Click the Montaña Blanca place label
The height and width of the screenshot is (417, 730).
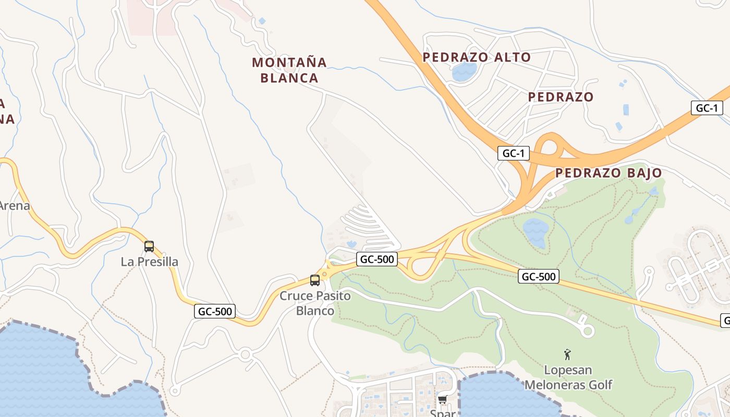click(289, 70)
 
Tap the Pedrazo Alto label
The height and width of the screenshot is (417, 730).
click(477, 57)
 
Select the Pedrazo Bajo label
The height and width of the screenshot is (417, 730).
click(609, 173)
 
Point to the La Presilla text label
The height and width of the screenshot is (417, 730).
click(149, 262)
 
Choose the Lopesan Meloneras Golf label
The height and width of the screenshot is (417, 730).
click(568, 377)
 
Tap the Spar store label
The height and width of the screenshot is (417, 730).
click(443, 413)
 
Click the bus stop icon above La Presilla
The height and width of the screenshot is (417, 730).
click(149, 247)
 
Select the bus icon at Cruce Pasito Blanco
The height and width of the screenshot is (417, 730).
click(315, 280)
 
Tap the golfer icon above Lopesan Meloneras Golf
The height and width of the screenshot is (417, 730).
click(567, 355)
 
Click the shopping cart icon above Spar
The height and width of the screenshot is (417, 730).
click(443, 400)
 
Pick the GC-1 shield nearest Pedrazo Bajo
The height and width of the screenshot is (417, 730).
click(514, 153)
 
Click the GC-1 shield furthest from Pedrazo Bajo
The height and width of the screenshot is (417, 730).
click(707, 108)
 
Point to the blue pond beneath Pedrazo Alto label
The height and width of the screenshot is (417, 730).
click(464, 71)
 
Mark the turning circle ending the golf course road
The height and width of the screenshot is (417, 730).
click(587, 330)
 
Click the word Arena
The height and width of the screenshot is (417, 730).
click(15, 206)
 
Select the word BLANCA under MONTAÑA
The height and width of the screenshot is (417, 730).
click(289, 78)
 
